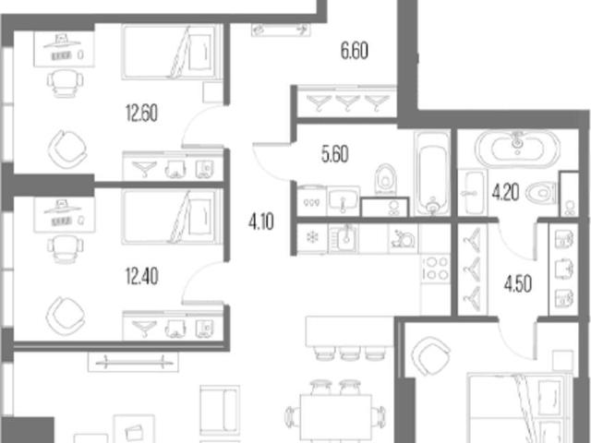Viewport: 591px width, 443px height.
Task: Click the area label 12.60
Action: click(141, 113)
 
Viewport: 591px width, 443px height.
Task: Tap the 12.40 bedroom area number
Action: click(141, 276)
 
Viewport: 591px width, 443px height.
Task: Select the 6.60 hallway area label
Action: click(355, 51)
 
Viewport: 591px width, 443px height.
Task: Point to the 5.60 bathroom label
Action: click(334, 154)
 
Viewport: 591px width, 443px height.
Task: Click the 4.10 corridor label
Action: click(261, 221)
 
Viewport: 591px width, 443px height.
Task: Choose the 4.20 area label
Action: click(505, 192)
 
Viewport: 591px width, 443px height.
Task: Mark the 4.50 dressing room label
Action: click(518, 284)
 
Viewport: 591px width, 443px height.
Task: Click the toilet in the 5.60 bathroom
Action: click(385, 179)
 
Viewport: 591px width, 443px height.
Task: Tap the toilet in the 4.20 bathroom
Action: click(541, 193)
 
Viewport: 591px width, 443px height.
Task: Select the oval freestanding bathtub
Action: click(517, 148)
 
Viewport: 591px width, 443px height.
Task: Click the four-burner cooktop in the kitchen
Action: click(435, 268)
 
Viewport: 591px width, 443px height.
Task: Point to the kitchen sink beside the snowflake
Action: click(344, 237)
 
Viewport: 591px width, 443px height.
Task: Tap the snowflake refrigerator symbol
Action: click(312, 237)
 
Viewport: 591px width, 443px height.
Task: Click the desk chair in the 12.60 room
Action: click(65, 84)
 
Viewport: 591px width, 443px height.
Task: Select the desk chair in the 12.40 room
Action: click(65, 248)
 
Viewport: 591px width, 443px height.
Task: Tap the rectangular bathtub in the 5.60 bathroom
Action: click(432, 174)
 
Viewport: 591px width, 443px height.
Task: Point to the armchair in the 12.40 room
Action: click(66, 316)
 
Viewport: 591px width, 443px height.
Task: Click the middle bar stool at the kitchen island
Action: click(350, 353)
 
